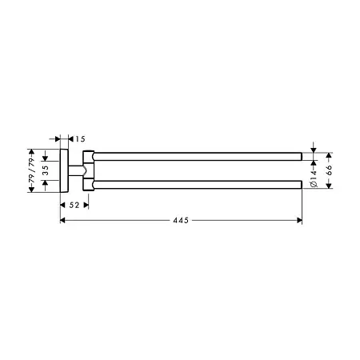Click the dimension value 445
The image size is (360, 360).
click(x=180, y=221)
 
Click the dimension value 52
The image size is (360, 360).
click(x=74, y=206)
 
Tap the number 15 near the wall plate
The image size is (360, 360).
click(x=80, y=138)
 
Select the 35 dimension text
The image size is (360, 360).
click(x=46, y=170)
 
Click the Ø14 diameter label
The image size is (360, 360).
click(x=314, y=177)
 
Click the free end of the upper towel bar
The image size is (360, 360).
click(x=299, y=154)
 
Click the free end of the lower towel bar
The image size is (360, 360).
click(x=299, y=185)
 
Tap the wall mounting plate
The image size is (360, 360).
click(x=64, y=170)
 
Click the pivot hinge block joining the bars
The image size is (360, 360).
click(x=88, y=170)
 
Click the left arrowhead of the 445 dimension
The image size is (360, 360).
click(x=63, y=221)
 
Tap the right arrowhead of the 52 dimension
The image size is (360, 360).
click(x=86, y=206)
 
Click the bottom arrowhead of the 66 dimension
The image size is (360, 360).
click(x=326, y=188)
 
